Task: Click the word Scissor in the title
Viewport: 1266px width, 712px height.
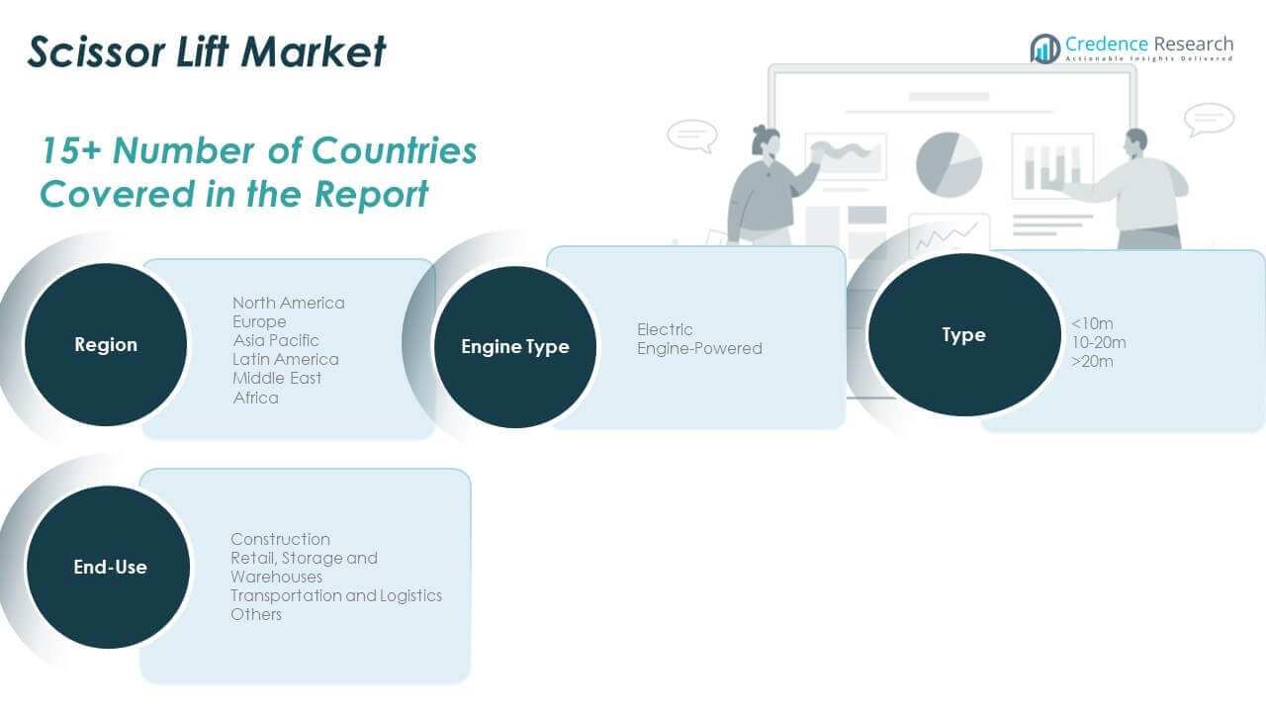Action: point(97,51)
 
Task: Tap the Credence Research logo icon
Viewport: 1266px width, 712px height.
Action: point(1045,48)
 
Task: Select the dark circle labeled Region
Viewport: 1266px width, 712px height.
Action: point(106,345)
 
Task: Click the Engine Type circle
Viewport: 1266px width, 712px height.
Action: point(515,346)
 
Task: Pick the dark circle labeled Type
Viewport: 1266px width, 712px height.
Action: point(964,334)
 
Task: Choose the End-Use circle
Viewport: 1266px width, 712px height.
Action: point(109,567)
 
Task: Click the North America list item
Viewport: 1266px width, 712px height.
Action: point(289,303)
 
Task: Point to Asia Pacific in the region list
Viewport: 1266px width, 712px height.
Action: point(276,340)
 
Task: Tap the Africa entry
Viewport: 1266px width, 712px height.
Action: point(256,398)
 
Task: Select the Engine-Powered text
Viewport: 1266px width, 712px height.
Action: point(699,349)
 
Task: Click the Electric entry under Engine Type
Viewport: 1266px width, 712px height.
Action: point(665,329)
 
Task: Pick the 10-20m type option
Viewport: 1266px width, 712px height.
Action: point(1099,342)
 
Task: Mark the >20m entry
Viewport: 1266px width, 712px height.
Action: point(1092,362)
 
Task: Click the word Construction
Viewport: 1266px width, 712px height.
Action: point(280,539)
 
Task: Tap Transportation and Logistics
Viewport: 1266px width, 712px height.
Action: point(336,595)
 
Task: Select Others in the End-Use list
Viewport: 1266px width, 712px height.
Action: point(256,614)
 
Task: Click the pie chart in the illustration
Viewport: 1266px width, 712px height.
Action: point(949,164)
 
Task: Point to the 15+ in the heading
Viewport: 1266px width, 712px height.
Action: point(70,151)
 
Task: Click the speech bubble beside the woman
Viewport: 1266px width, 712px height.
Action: point(692,136)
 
